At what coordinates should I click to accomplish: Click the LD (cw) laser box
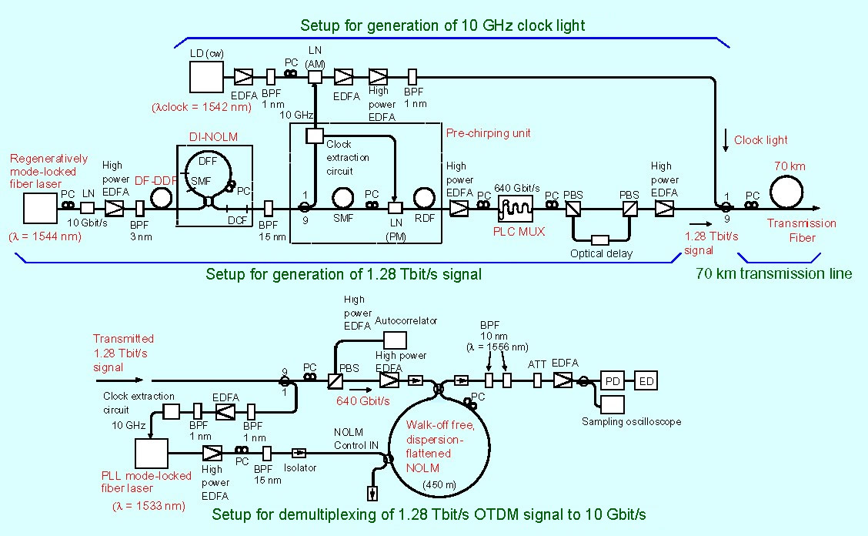click(x=206, y=76)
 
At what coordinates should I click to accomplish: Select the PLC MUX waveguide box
click(x=516, y=209)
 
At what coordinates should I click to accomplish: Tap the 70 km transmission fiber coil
click(x=786, y=193)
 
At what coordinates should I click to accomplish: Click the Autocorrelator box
click(x=396, y=340)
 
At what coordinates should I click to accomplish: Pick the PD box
click(x=613, y=380)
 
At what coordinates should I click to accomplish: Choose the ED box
click(x=646, y=380)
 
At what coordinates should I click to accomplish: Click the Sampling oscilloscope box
click(x=613, y=404)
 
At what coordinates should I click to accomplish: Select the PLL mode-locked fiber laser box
click(x=152, y=454)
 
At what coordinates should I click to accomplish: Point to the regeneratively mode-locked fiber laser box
click(x=41, y=208)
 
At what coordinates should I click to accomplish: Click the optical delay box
click(x=600, y=240)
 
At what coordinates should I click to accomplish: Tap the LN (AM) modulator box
click(x=315, y=76)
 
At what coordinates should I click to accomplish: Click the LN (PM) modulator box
click(x=396, y=209)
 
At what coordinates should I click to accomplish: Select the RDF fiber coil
click(x=425, y=198)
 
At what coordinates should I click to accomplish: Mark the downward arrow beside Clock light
click(x=726, y=141)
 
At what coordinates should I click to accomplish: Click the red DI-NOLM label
click(x=213, y=137)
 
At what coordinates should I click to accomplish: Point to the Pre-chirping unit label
click(x=488, y=133)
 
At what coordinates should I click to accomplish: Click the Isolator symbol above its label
click(x=299, y=453)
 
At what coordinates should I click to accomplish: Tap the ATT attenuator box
click(x=537, y=380)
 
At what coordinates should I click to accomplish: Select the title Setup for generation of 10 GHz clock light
click(x=442, y=25)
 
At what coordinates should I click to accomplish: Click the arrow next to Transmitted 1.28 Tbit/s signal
click(x=119, y=380)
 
